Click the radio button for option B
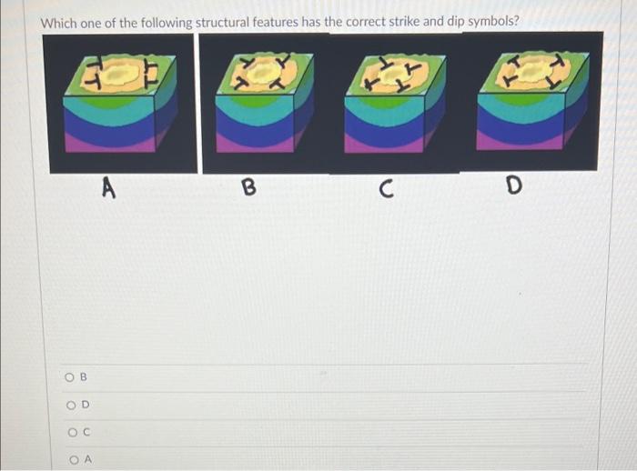[x=69, y=377]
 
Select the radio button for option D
[x=71, y=406]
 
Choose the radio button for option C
[x=72, y=433]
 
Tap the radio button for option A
[x=74, y=460]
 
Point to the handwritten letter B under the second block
[x=249, y=187]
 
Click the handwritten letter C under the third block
[x=387, y=189]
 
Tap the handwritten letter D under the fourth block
[x=513, y=185]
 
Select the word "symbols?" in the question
[x=493, y=21]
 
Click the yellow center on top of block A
[x=116, y=74]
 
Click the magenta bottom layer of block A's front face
[x=110, y=145]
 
